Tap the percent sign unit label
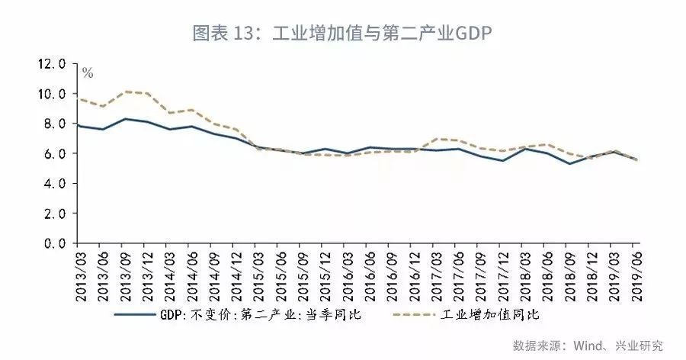tap(88, 74)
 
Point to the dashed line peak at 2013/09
tap(126, 92)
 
